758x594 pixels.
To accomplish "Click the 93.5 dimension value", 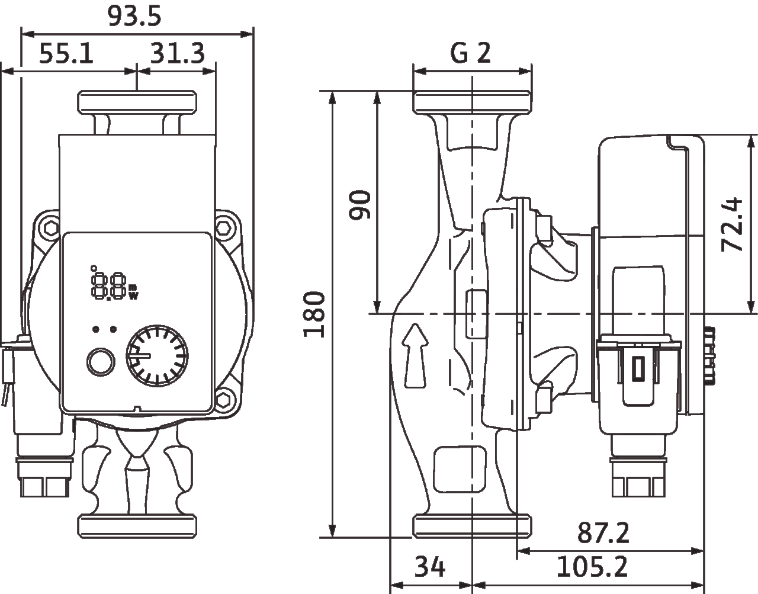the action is point(134,17).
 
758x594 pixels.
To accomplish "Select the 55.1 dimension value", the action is point(66,54).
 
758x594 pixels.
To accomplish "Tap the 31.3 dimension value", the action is point(178,54).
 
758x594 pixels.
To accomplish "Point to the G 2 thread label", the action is point(470,53).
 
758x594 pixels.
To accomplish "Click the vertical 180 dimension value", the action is point(314,314).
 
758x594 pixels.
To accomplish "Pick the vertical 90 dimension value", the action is point(359,205).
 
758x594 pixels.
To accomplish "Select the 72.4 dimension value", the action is point(732,224).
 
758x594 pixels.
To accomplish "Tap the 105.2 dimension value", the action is point(592,567).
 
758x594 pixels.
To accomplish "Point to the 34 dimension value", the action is point(430,567).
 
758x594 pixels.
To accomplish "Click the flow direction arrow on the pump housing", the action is point(415,355).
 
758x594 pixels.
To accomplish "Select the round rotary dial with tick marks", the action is point(157,356).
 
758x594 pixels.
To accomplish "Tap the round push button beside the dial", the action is point(101,362).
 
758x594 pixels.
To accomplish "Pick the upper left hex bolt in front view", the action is point(51,229).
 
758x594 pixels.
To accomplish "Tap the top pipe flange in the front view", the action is point(137,102).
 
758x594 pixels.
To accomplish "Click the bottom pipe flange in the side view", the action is point(473,526).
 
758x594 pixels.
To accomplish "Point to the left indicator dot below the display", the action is point(95,329).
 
